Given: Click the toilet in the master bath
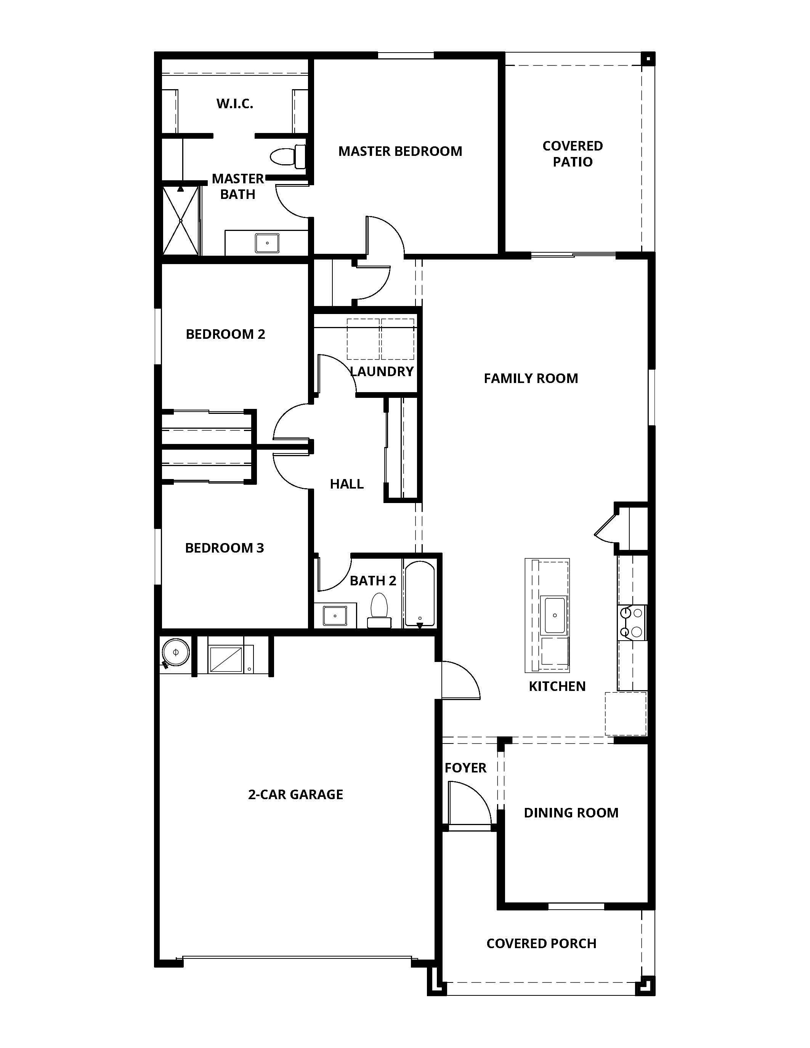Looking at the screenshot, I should point(288,156).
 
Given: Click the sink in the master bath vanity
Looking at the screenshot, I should point(267,243).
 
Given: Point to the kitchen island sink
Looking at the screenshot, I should point(554,615).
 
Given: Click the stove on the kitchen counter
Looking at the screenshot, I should point(632,622).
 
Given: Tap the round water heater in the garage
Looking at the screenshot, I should point(176,652).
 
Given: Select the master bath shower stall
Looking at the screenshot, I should point(180,220).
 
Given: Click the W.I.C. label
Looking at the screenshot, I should point(235,104).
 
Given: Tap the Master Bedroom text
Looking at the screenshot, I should point(400,151).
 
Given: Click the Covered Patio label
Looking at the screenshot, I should point(573,154).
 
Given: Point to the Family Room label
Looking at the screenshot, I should point(531,378).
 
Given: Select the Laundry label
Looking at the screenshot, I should point(382,372).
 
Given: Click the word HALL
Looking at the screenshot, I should point(346,484).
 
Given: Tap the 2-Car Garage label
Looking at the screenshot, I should point(295,794).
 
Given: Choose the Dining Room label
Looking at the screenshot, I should point(571,812).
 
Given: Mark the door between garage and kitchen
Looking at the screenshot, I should point(459,680).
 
